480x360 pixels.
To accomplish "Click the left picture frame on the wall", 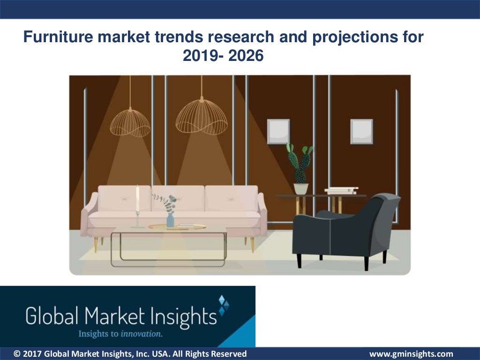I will point(278,131).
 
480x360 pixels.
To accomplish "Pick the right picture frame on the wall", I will point(361,131).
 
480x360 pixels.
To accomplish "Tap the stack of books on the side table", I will point(341,190).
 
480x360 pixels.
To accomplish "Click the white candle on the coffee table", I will point(137,199).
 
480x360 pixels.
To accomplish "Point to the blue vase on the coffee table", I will point(170,220).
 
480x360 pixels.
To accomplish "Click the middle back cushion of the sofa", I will point(178,198).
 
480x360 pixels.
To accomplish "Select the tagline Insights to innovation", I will point(120,334).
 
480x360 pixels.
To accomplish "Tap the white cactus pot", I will point(301,188).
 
